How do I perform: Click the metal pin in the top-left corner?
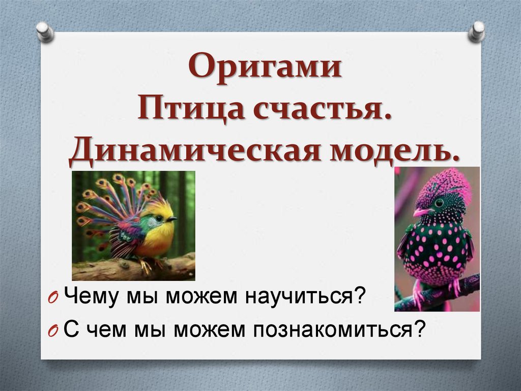coord(45,32)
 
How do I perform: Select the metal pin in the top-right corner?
coord(477,32)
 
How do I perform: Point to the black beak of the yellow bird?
coord(172,219)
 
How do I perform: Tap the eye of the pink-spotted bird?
coord(439,202)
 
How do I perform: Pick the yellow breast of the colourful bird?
coord(155,240)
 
